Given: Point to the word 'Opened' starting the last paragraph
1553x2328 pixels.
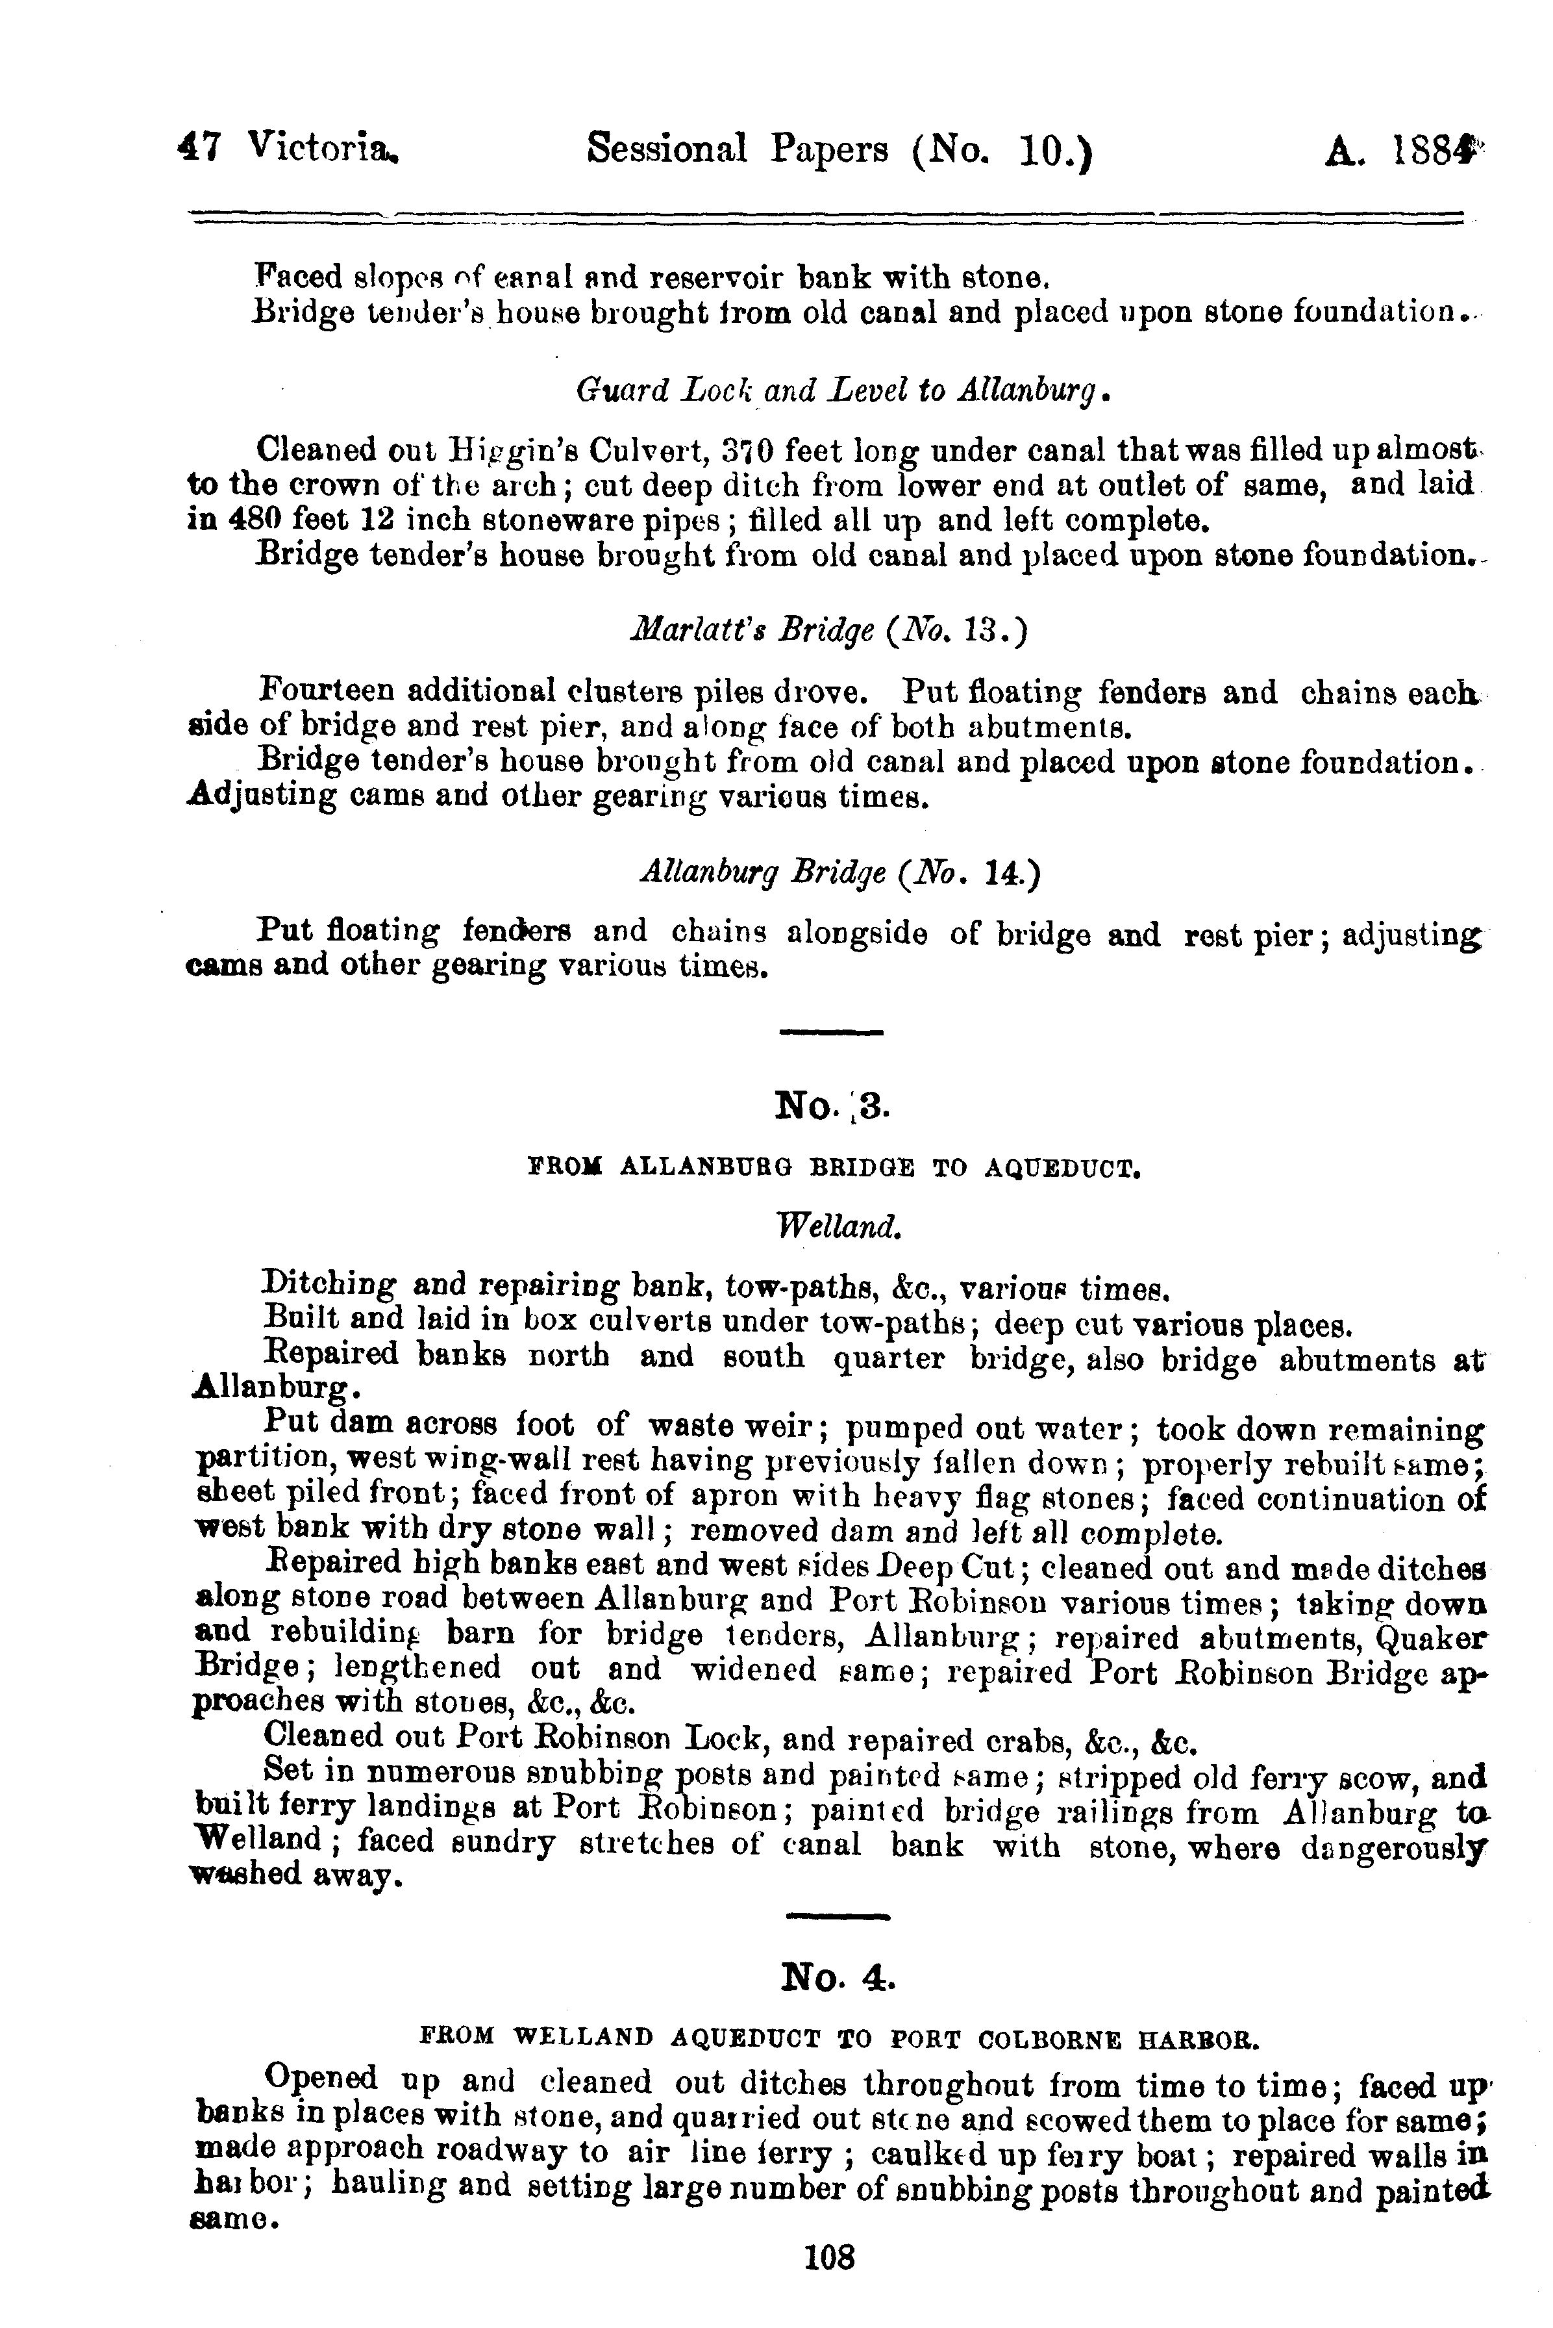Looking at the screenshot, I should point(323,2077).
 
